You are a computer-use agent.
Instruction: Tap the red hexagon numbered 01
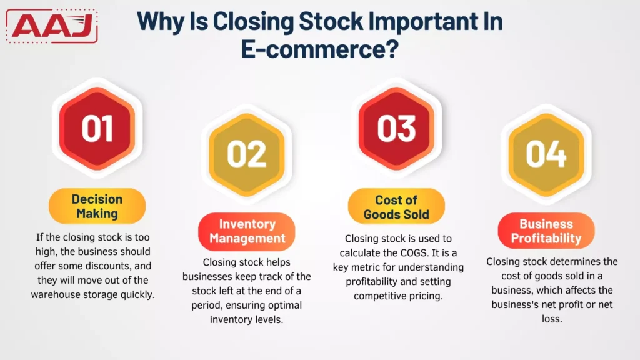coord(97,127)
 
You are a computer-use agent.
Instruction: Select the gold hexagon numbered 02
coord(246,154)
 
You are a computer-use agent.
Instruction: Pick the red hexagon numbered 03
coord(396,127)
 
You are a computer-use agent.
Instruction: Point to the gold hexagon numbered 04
coord(546,154)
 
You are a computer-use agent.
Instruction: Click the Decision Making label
coord(97,206)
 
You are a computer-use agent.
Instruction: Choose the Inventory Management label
coord(247,231)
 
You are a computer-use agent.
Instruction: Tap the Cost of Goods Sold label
coord(396,207)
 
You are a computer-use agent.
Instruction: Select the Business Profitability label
coord(546,231)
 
